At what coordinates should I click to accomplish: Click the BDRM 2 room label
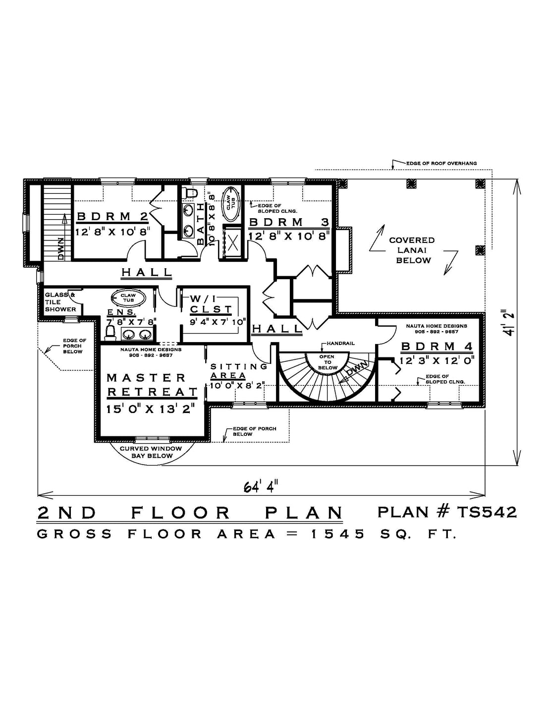[112, 216]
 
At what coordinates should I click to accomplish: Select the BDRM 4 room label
[437, 347]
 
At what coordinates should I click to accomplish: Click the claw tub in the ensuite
[128, 297]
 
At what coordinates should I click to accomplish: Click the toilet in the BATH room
[189, 193]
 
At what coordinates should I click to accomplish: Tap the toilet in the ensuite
[110, 334]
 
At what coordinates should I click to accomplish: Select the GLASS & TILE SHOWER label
[60, 302]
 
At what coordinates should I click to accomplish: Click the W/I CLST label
[211, 303]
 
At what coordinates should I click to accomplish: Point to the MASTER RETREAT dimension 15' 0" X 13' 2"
[151, 409]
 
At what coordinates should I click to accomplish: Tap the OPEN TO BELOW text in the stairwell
[327, 362]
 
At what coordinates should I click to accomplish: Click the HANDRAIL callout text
[340, 343]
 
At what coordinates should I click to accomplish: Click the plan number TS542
[487, 512]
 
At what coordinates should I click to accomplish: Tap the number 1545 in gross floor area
[338, 534]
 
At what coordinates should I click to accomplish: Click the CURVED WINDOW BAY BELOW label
[151, 452]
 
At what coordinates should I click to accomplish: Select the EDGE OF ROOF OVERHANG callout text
[441, 164]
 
